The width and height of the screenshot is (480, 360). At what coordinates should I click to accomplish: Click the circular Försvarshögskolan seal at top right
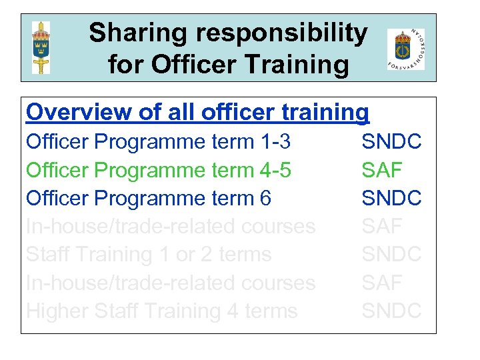coord(405,49)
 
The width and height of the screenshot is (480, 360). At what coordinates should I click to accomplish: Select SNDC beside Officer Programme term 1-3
coord(391,141)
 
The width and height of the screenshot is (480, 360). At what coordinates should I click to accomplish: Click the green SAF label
coord(382,170)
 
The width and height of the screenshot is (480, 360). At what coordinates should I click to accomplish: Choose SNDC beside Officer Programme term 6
coord(391,198)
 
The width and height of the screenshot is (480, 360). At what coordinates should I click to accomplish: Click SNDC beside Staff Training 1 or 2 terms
coord(391,255)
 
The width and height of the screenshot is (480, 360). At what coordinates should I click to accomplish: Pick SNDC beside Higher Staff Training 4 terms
coord(391,311)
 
